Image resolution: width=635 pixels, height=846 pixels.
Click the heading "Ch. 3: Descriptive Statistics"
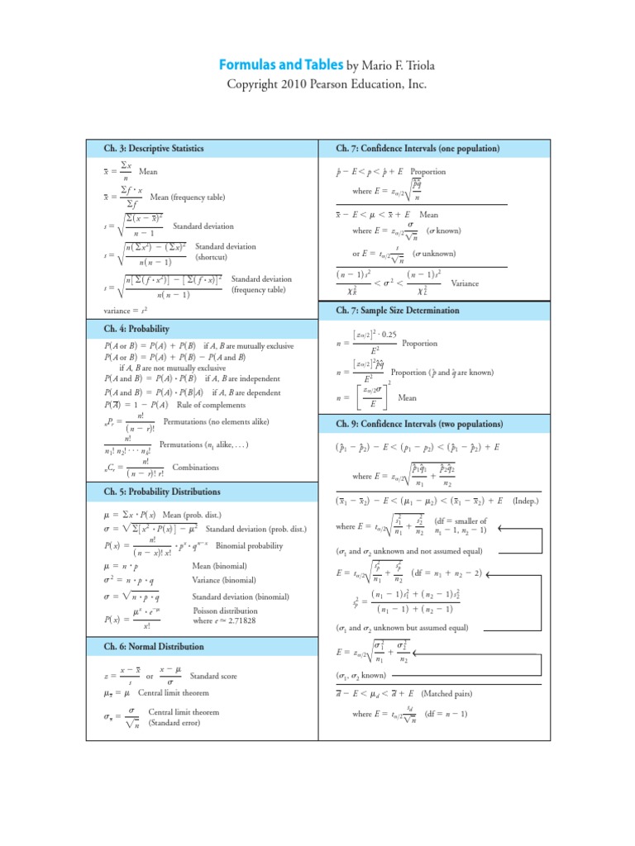154,149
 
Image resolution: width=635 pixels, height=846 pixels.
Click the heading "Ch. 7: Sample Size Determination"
397,311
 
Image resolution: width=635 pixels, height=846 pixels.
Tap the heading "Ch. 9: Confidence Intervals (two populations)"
419,424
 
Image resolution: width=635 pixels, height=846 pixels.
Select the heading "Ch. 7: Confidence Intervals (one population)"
418,149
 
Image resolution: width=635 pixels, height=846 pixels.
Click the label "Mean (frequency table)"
187,197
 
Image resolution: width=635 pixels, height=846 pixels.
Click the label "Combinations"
196,468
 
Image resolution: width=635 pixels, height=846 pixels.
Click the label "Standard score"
213,676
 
